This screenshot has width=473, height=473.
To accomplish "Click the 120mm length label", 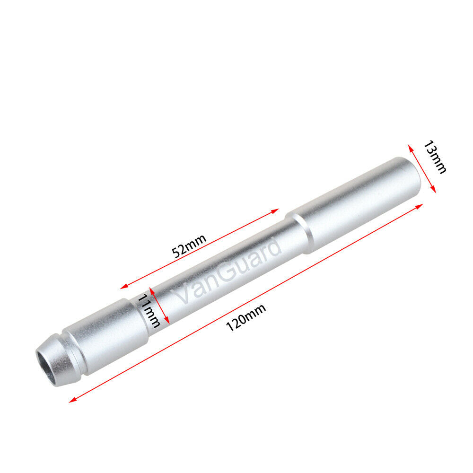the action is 246,317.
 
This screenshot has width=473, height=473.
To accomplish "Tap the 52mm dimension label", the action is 189,246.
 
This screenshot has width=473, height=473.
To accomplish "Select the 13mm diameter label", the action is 435,157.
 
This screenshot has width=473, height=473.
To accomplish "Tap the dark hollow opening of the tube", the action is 47,365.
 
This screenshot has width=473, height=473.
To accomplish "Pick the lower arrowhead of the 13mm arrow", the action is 433,190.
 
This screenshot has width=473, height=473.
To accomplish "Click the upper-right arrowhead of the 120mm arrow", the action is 419,206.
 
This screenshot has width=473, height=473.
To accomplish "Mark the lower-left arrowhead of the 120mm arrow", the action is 73,400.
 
